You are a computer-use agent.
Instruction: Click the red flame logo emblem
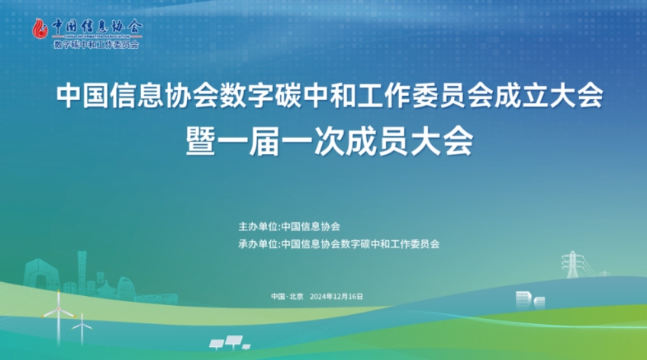[40, 29]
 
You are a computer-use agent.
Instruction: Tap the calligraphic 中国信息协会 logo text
[98, 27]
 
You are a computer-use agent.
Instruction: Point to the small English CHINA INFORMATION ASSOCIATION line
[98, 37]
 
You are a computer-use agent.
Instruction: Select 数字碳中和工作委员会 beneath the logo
[97, 44]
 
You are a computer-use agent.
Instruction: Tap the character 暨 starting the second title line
[201, 141]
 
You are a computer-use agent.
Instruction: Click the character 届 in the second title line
[265, 141]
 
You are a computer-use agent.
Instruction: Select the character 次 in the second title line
[329, 141]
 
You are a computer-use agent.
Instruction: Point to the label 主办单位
[259, 227]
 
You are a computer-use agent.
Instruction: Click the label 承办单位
[259, 244]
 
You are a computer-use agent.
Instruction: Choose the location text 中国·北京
[287, 297]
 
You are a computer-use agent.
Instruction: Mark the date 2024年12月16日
[336, 297]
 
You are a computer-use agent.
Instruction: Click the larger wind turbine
[59, 316]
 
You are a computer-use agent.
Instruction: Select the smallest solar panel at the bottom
[246, 347]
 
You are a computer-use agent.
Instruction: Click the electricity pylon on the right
[572, 265]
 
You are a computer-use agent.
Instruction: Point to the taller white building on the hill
[523, 300]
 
